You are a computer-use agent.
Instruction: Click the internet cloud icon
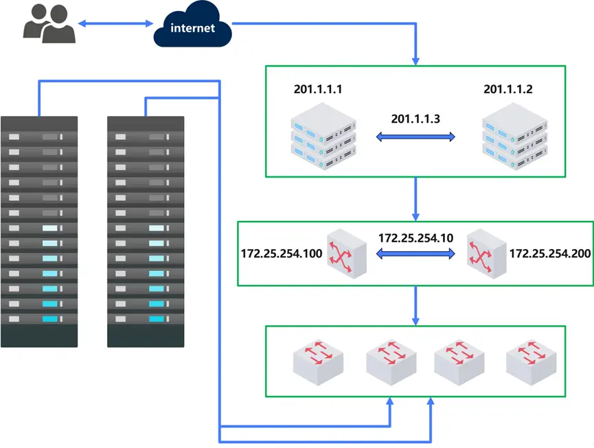point(192,27)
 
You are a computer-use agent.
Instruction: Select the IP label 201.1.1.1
point(318,90)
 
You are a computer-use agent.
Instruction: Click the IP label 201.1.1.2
point(508,90)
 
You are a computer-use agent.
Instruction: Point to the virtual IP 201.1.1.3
point(415,119)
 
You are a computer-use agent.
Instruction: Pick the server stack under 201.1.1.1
point(323,137)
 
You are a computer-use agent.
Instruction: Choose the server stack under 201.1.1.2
point(516,137)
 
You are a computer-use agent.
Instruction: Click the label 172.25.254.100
point(282,254)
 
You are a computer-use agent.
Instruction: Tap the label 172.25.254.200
point(549,254)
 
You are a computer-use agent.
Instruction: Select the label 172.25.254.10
point(415,238)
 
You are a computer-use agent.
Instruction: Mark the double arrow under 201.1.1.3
point(415,137)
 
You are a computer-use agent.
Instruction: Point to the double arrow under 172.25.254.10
point(415,255)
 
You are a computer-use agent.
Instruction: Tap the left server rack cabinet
point(39,231)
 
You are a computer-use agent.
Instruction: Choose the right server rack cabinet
point(146,231)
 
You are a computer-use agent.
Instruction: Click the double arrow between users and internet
point(115,24)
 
